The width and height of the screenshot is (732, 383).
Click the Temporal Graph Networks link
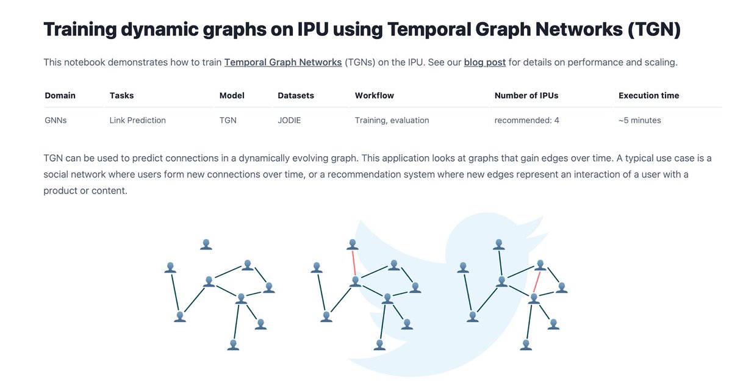tap(283, 62)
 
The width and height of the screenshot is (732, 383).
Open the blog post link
tap(484, 62)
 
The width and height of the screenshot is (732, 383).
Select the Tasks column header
tap(121, 96)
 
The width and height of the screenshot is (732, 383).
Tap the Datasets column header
tap(296, 96)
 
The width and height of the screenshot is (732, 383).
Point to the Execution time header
tap(648, 96)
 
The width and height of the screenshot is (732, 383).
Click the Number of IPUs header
tap(526, 96)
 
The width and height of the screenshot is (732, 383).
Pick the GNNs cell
tap(56, 120)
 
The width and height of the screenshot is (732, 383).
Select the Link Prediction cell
tap(137, 120)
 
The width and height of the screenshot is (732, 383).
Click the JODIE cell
tap(289, 120)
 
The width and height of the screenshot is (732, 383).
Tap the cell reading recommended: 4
tap(526, 120)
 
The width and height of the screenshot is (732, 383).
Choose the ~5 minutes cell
tap(639, 120)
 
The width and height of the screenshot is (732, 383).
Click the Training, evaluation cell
tap(392, 120)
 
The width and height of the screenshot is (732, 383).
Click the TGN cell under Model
tap(227, 120)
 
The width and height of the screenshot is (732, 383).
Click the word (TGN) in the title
tap(652, 29)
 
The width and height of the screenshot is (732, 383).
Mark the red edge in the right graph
tap(537, 282)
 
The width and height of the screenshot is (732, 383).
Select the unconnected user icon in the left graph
tap(206, 244)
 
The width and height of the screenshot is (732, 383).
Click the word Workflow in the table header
tap(374, 96)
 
